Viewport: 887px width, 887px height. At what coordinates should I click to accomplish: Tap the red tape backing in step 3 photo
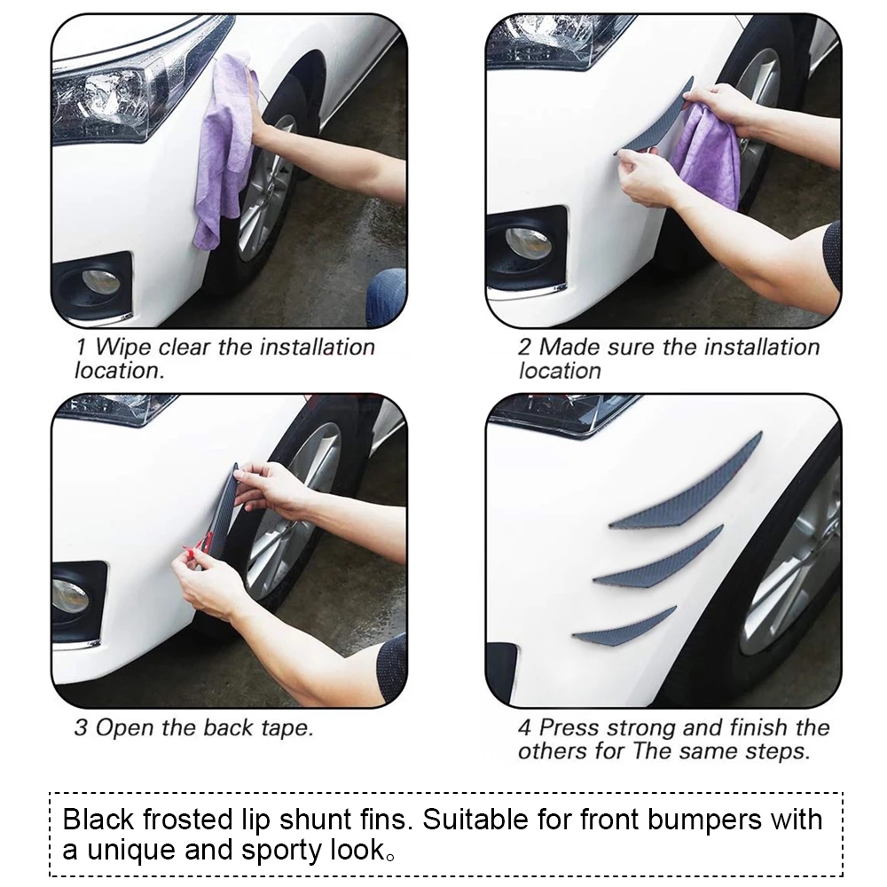(x=197, y=551)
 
